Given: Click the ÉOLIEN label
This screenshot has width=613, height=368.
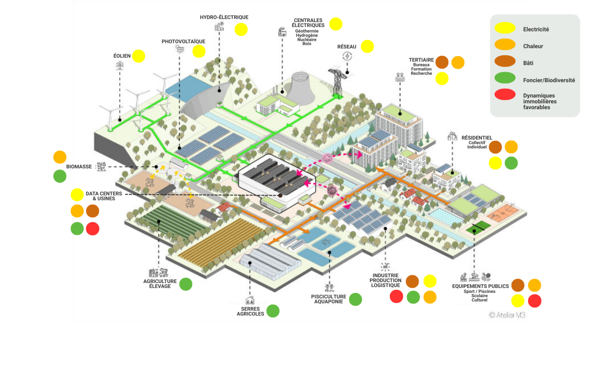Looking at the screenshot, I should [x=122, y=56].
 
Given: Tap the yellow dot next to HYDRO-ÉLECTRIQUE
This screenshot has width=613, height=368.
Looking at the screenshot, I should [x=241, y=29].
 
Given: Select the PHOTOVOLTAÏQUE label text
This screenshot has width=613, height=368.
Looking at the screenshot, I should [x=183, y=42].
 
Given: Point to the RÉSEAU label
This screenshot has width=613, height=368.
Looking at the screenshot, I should [x=347, y=47].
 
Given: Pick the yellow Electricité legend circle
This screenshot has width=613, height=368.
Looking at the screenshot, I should [x=505, y=28].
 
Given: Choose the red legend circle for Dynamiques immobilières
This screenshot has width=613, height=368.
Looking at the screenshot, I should [x=505, y=94].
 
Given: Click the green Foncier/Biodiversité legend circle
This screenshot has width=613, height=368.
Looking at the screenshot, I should [x=505, y=77].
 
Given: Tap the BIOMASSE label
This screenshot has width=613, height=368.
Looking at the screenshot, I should [x=79, y=167].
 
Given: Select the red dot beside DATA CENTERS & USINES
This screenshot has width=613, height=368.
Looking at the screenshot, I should [x=93, y=228].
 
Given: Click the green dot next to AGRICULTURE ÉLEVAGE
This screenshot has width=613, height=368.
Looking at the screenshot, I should [x=185, y=284].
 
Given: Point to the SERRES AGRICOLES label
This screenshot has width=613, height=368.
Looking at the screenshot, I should [x=250, y=311].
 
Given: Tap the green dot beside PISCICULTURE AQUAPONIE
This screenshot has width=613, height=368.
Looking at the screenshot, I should [x=355, y=299].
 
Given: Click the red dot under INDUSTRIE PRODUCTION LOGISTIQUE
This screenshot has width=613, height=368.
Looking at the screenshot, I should [x=396, y=296].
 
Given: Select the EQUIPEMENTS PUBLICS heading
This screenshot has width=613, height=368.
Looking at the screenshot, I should [x=480, y=286].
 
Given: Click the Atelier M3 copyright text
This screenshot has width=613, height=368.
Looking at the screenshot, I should [x=507, y=315].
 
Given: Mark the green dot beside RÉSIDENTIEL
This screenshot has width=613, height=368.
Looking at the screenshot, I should [x=511, y=163].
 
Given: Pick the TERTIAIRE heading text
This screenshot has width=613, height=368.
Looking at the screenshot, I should [x=421, y=60].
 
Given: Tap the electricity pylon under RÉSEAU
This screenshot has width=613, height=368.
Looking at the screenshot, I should [x=337, y=83].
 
